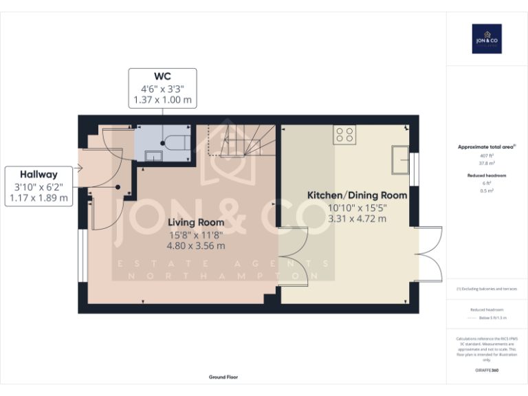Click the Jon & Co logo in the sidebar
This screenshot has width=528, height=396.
(x=486, y=38)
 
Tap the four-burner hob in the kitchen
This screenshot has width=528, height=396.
(x=345, y=135)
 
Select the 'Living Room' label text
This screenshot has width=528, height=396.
(x=196, y=222)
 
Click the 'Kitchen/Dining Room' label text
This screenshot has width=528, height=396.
(x=357, y=195)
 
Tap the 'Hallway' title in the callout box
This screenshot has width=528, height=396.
(x=38, y=175)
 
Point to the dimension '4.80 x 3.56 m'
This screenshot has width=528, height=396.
(x=196, y=245)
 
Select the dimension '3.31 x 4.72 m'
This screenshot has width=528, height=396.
(x=357, y=219)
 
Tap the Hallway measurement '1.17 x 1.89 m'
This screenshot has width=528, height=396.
(x=38, y=198)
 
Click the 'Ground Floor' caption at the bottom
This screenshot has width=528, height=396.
(x=223, y=377)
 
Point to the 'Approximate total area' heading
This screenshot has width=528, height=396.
(x=486, y=147)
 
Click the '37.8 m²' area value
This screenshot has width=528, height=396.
(x=486, y=164)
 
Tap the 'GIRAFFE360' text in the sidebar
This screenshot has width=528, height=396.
(x=486, y=371)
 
